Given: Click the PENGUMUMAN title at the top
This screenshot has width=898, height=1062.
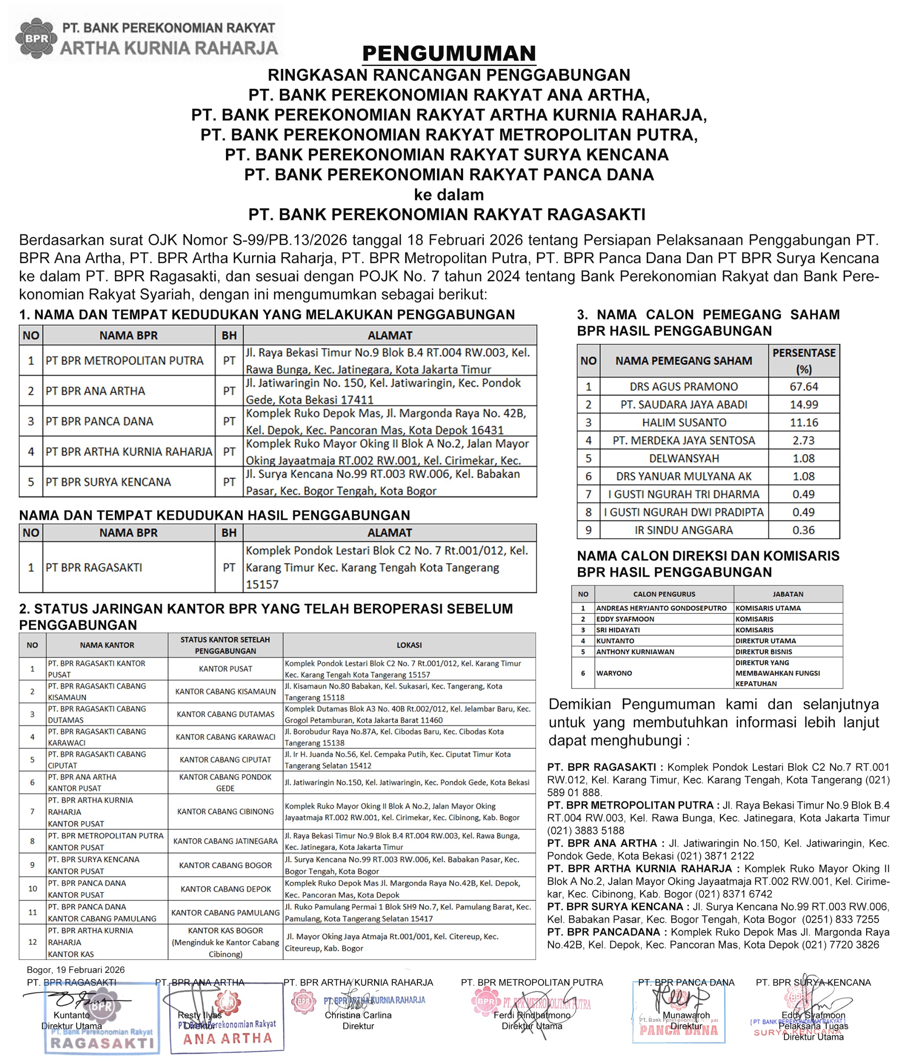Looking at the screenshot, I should pos(449,54).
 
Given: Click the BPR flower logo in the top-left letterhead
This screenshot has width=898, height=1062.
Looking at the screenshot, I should pos(34,38).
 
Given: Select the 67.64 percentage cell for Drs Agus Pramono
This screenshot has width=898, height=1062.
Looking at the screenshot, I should pos(803,387).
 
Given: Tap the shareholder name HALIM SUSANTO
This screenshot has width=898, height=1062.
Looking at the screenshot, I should pos(684,422).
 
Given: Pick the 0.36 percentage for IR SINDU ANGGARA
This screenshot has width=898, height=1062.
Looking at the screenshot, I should pos(803,530).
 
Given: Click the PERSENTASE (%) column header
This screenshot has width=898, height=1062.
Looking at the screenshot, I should pos(803,360).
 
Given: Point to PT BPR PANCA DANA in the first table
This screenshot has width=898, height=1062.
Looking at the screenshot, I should pos(99,421).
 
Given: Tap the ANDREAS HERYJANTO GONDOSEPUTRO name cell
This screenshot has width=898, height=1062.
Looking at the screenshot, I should pos(661,608).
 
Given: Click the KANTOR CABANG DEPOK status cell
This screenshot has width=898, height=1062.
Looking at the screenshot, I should pos(226,889).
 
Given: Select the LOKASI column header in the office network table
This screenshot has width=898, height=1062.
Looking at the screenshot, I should pos(409,645).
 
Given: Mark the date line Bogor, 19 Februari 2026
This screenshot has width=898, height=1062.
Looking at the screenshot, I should pos(75,970).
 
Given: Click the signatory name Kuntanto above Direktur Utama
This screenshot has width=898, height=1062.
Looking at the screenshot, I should pos(71,1015).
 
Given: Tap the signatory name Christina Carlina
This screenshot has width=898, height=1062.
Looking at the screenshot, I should pos(358,1015).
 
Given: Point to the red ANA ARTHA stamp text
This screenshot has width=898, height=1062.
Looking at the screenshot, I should pos(228,1039).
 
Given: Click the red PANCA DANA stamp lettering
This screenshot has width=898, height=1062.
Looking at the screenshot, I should pos(678,1030).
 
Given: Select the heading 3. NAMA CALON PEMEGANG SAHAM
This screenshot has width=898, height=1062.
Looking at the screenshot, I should pos(708,315).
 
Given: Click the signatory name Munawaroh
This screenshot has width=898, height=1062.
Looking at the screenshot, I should pos(686,1015).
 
